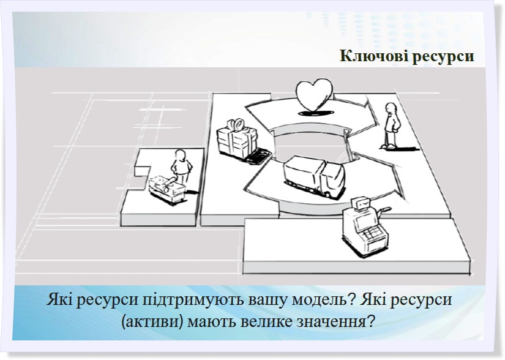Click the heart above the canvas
click(x=315, y=94)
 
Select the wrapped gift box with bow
click(x=238, y=139)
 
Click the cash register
click(x=365, y=227)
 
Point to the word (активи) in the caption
click(x=151, y=321)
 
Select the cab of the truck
click(x=331, y=179)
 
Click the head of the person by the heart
click(x=391, y=108)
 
